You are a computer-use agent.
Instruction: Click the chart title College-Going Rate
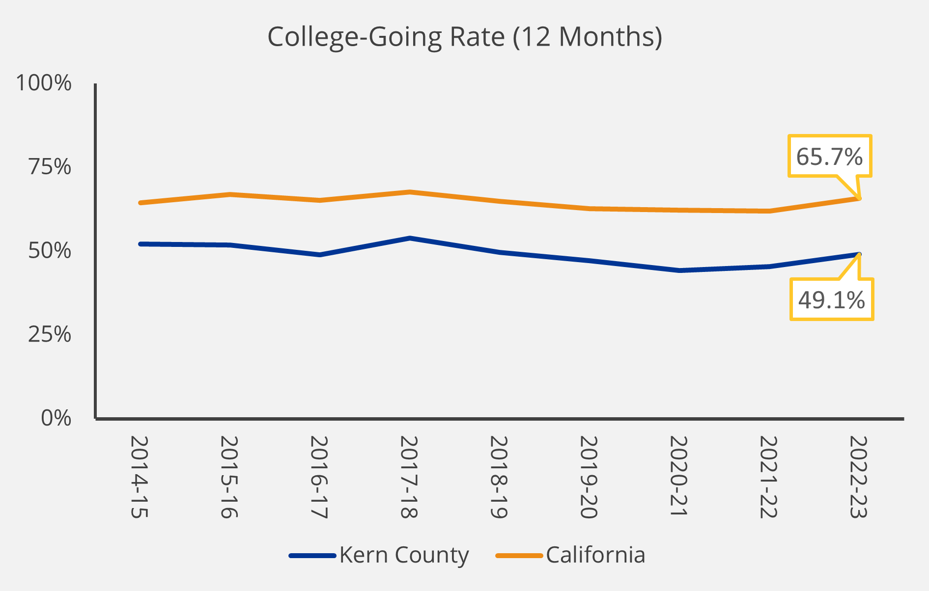[x=464, y=37]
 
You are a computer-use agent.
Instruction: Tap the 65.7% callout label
[x=829, y=157]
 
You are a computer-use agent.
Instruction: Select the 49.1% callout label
[x=831, y=300]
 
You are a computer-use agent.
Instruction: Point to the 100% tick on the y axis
[x=44, y=83]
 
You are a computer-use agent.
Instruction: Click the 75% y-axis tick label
[x=50, y=167]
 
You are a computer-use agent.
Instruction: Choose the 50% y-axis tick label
[x=50, y=251]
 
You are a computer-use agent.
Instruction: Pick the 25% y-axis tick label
[x=50, y=335]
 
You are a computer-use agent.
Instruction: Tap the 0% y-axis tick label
[x=56, y=418]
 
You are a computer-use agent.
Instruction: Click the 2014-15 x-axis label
[x=140, y=477]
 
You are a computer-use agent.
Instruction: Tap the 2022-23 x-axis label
[x=858, y=477]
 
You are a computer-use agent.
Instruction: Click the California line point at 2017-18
[x=409, y=192]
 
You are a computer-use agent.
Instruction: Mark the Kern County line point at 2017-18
[x=409, y=238]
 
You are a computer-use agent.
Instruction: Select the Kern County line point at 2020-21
[x=679, y=270]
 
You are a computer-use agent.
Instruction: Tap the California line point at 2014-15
[x=141, y=203]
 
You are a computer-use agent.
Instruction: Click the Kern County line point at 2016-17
[x=319, y=255]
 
